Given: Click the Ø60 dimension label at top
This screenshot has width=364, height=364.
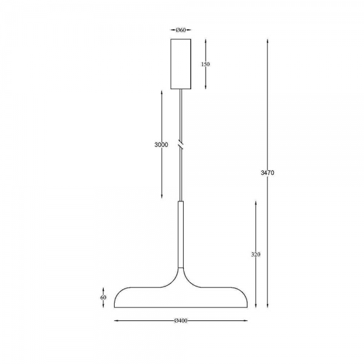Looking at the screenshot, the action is click(x=181, y=30).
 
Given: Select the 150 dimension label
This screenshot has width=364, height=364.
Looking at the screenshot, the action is click(x=205, y=64).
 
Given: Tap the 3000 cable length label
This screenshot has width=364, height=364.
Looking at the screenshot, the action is click(x=161, y=145).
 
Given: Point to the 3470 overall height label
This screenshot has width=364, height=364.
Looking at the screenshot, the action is click(x=268, y=173).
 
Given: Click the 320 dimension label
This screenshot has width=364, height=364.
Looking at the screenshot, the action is click(x=255, y=254).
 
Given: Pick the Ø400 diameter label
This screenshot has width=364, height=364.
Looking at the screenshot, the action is click(x=181, y=321).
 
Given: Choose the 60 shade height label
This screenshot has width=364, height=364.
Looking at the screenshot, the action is click(x=103, y=297).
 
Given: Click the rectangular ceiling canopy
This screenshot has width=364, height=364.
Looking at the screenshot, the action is click(x=181, y=64).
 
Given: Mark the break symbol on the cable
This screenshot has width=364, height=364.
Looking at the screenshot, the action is click(x=181, y=144).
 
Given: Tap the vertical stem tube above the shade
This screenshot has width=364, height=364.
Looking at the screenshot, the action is click(x=181, y=234).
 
